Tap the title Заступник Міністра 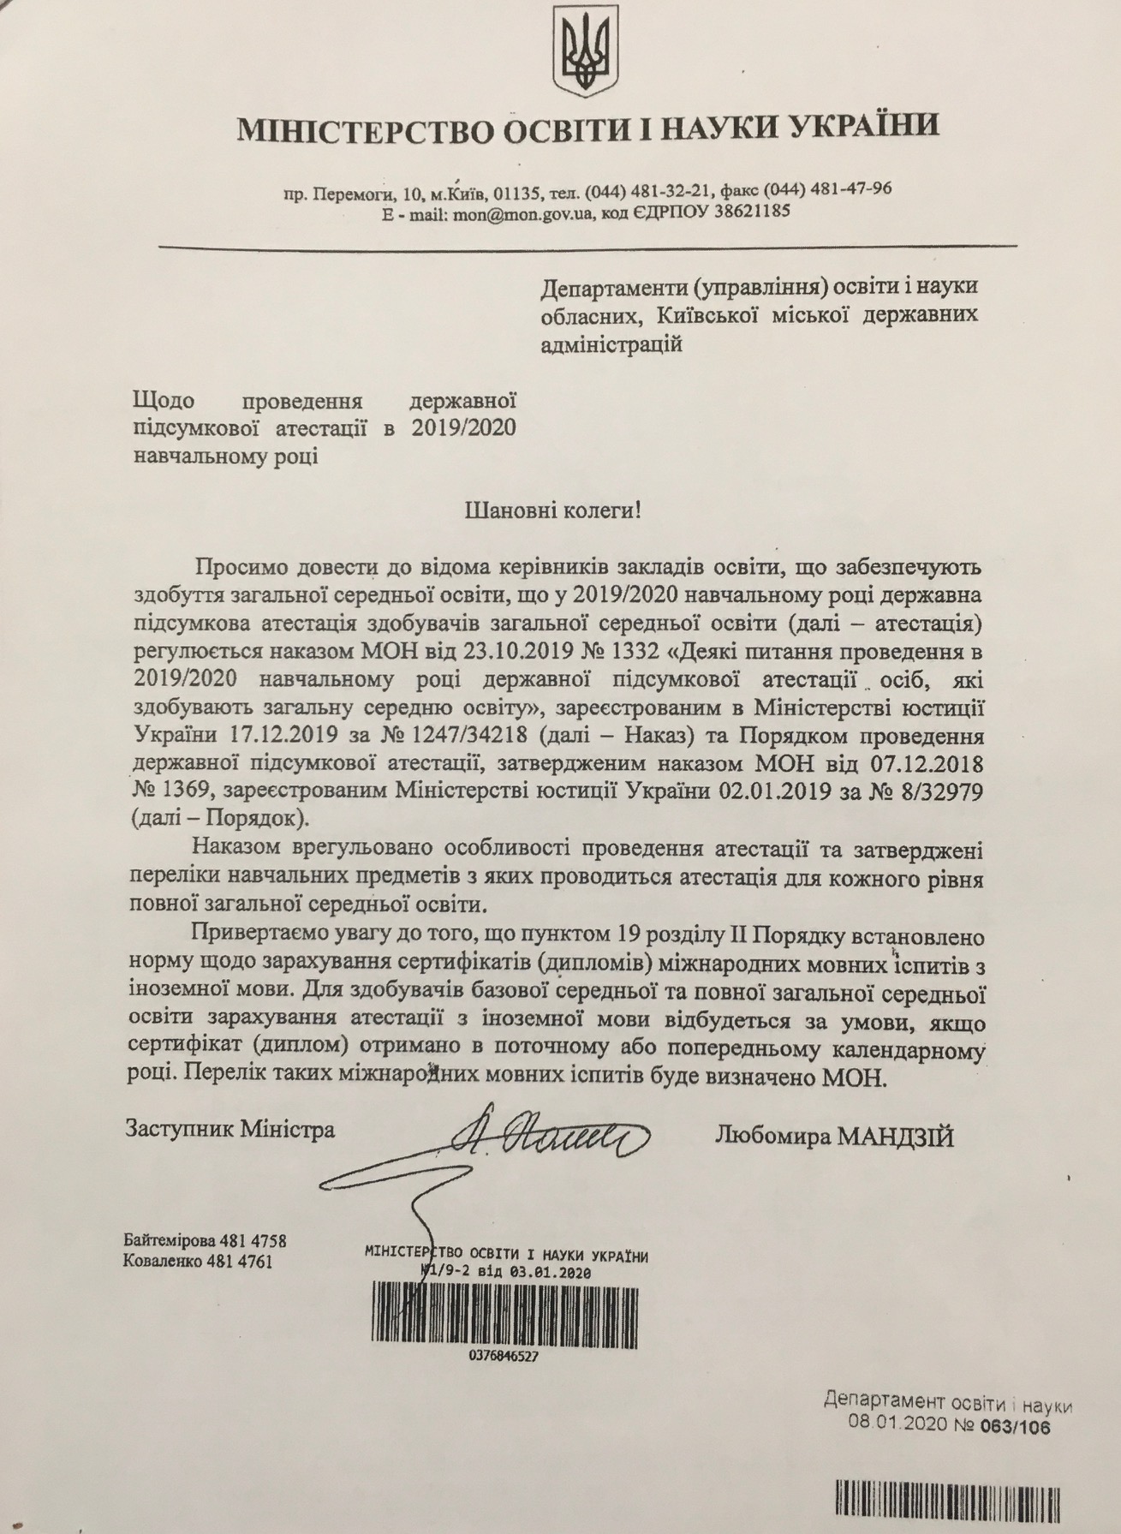(x=230, y=1129)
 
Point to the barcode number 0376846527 (x=504, y=1356)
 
